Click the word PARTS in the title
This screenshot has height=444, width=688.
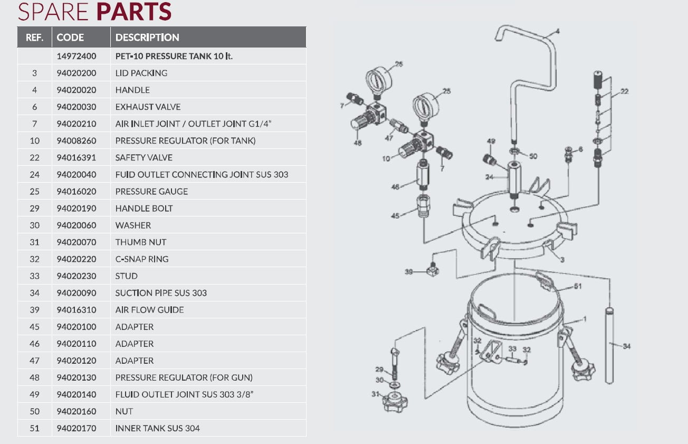click(135, 12)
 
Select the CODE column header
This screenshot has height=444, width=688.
click(70, 37)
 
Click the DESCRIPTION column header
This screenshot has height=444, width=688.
click(147, 37)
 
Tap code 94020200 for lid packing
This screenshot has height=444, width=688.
click(77, 73)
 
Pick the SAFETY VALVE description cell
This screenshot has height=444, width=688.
click(144, 157)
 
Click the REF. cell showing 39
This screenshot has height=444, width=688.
click(34, 310)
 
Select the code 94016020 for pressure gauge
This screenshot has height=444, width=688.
click(77, 191)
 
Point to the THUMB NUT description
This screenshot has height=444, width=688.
click(141, 242)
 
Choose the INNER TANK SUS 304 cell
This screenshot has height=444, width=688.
click(157, 428)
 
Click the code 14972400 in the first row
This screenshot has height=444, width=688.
click(77, 56)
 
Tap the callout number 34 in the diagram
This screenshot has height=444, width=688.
click(626, 346)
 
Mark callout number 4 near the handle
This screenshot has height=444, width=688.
click(557, 31)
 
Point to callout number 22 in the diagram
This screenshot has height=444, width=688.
click(624, 91)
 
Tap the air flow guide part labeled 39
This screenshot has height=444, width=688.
click(433, 271)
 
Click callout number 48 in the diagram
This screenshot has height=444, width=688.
click(358, 143)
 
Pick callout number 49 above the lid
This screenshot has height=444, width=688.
click(491, 141)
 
